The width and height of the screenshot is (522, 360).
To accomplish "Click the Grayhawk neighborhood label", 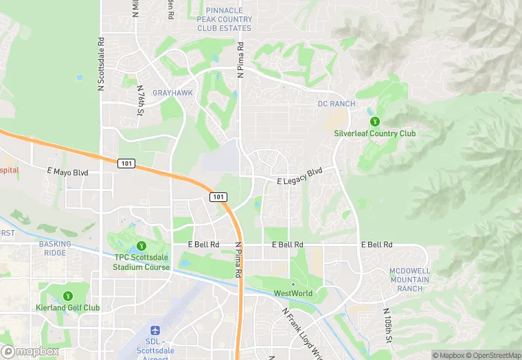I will pyautogui.click(x=172, y=93).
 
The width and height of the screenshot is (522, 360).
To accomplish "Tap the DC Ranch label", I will pyautogui.click(x=337, y=104).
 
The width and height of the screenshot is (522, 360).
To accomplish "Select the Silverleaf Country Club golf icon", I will pyautogui.click(x=374, y=121).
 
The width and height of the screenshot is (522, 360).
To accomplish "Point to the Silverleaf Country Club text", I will pyautogui.click(x=374, y=133).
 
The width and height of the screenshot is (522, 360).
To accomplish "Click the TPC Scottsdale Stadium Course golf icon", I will pyautogui.click(x=141, y=246).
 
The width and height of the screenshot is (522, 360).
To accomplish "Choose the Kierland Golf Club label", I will pyautogui.click(x=68, y=308).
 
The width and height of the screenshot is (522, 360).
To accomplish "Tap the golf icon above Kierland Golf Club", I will pyautogui.click(x=68, y=296).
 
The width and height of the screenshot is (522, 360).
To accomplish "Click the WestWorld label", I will pyautogui.click(x=293, y=293).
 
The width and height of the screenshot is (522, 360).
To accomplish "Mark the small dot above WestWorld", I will pyautogui.click(x=293, y=284).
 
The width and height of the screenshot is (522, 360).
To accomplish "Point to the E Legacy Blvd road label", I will pyautogui.click(x=299, y=177).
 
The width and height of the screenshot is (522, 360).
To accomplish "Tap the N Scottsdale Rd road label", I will pyautogui.click(x=101, y=64).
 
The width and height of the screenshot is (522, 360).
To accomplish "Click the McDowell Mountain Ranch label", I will pyautogui.click(x=409, y=279).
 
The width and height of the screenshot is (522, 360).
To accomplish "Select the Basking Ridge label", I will pyautogui.click(x=54, y=248).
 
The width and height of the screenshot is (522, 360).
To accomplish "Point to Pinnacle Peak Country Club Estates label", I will pyautogui.click(x=225, y=19).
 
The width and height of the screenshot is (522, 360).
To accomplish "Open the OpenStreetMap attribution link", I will pyautogui.click(x=492, y=355).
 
